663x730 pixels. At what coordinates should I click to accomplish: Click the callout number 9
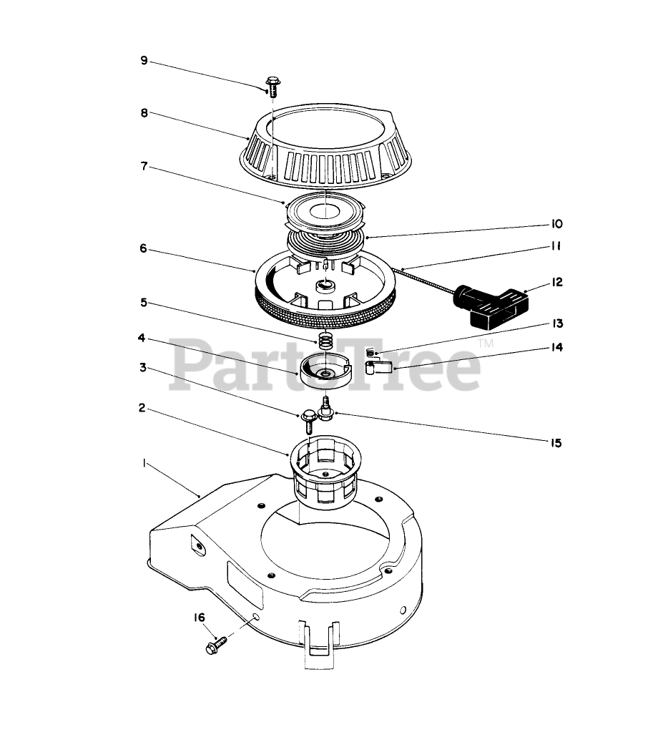(x=144, y=61)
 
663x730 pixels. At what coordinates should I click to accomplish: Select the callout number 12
(x=556, y=282)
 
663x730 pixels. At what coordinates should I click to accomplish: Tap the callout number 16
(x=199, y=618)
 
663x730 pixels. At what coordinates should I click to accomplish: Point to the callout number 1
(x=144, y=464)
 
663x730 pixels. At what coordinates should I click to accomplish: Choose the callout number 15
(x=556, y=443)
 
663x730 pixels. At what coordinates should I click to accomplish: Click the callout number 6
(x=144, y=248)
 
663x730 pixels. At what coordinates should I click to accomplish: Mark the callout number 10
(x=556, y=224)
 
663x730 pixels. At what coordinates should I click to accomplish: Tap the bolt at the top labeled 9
(x=272, y=87)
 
